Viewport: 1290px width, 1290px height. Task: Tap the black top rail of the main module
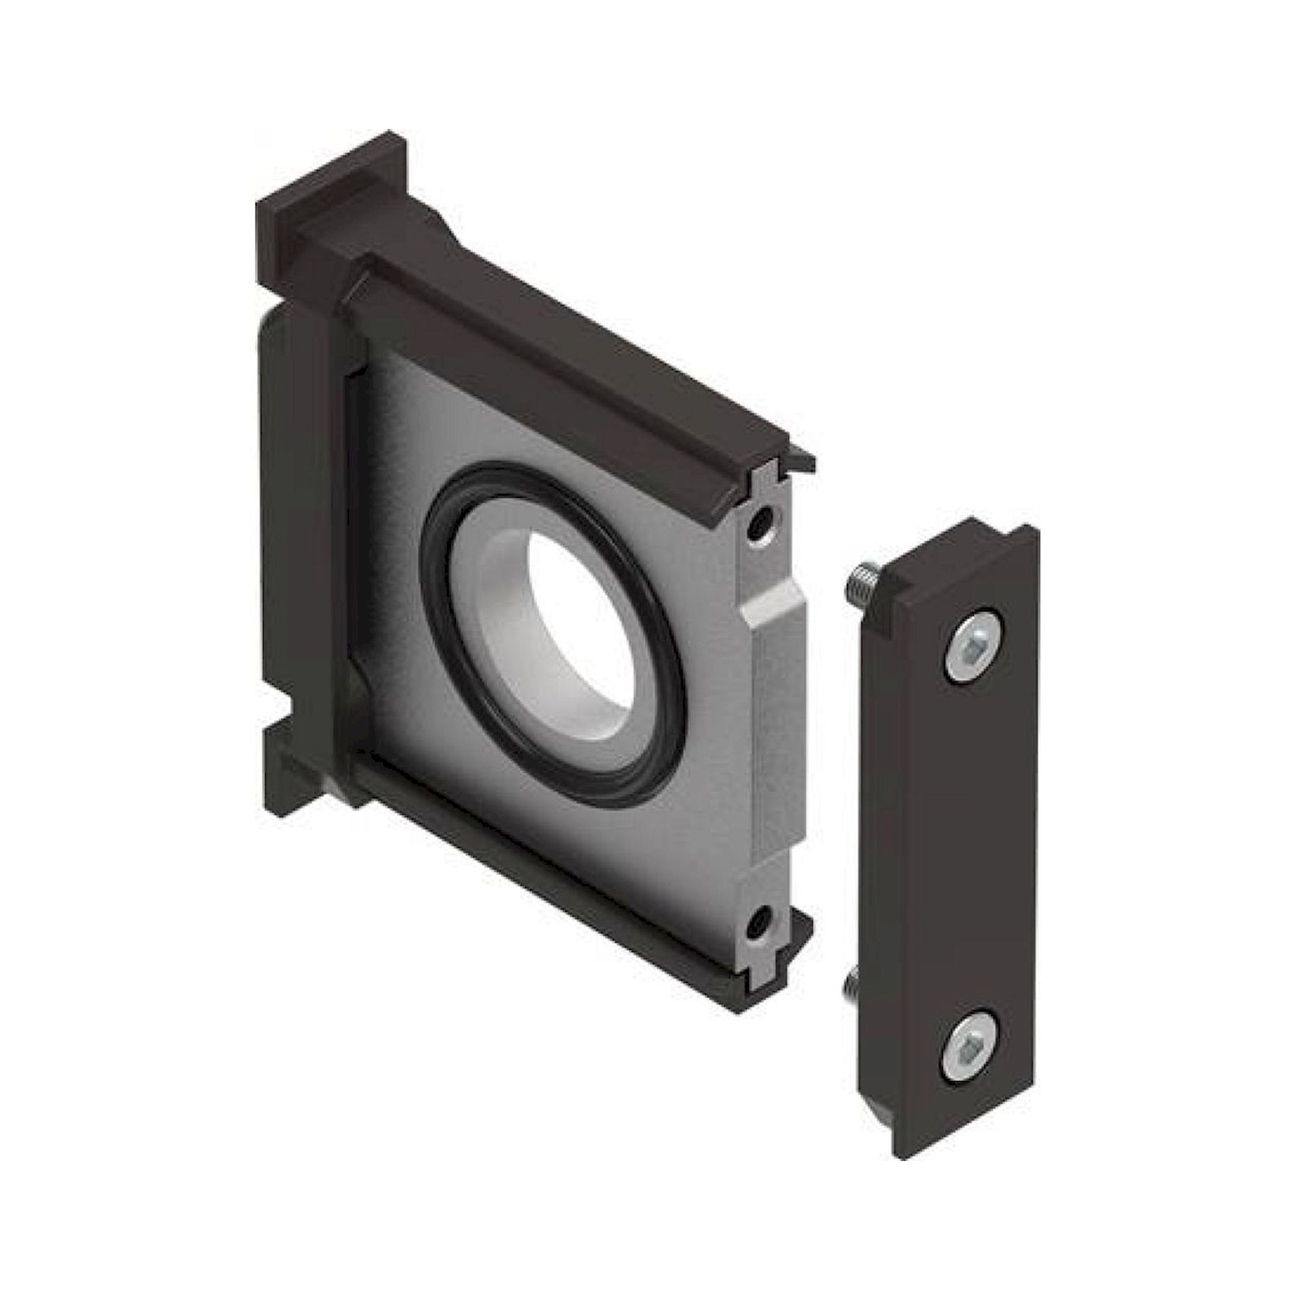click(x=554, y=361)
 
